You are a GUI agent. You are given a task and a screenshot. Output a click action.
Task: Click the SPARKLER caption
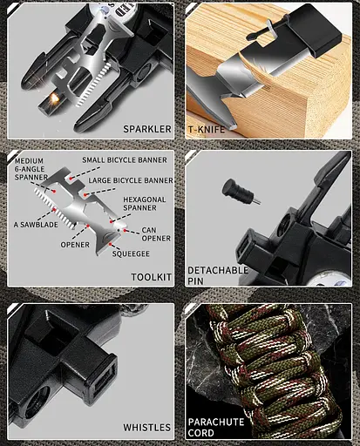[146, 129]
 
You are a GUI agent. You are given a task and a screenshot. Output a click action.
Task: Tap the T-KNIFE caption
[207, 129]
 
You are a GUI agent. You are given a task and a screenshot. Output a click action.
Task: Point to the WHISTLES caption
[146, 427]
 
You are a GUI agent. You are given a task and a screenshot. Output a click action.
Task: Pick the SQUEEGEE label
[130, 253]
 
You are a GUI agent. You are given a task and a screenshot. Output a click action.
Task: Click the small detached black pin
[235, 190]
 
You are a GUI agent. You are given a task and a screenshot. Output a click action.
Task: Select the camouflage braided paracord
[270, 366]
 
